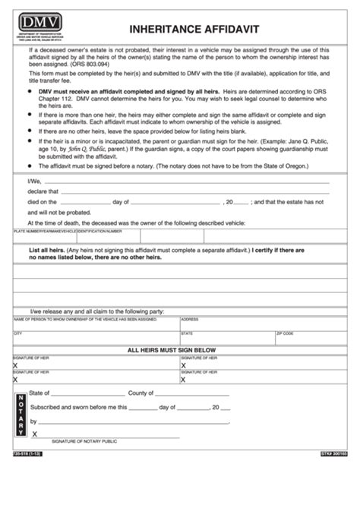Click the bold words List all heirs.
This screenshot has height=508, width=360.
click(x=49, y=250)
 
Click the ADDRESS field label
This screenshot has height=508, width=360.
click(x=190, y=320)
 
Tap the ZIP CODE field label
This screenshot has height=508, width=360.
click(x=286, y=333)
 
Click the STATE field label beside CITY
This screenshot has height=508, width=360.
click(x=187, y=333)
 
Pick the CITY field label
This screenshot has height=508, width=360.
click(x=18, y=333)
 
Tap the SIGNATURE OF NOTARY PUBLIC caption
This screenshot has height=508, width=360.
click(x=84, y=441)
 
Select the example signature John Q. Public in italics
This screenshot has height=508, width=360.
click(x=90, y=150)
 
